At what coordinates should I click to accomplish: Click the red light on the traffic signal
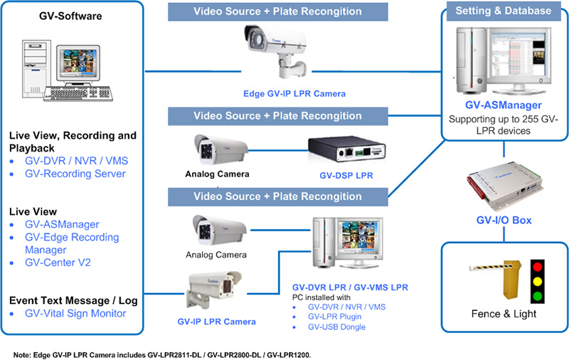[538, 268]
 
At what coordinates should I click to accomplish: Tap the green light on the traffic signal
[538, 296]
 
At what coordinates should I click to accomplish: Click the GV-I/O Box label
[504, 220]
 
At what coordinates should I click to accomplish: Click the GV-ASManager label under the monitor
[504, 105]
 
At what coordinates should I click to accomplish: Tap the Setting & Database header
[504, 11]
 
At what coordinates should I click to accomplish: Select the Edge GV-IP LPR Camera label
[294, 94]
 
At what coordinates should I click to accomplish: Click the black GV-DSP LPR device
[346, 149]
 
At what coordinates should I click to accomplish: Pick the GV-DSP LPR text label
[346, 175]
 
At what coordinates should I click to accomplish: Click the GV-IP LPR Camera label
[217, 322]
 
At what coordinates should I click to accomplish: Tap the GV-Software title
[70, 16]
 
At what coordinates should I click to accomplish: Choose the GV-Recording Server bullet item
[75, 174]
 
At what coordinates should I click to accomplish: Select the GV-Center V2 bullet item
[58, 263]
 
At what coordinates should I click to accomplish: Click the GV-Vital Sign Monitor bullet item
[75, 314]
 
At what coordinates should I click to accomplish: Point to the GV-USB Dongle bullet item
[336, 327]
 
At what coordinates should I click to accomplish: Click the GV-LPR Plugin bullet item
[334, 317]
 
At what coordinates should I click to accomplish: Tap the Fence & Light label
[504, 314]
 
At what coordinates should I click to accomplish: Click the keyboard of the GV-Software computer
[78, 94]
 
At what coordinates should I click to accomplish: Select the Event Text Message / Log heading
[73, 300]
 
